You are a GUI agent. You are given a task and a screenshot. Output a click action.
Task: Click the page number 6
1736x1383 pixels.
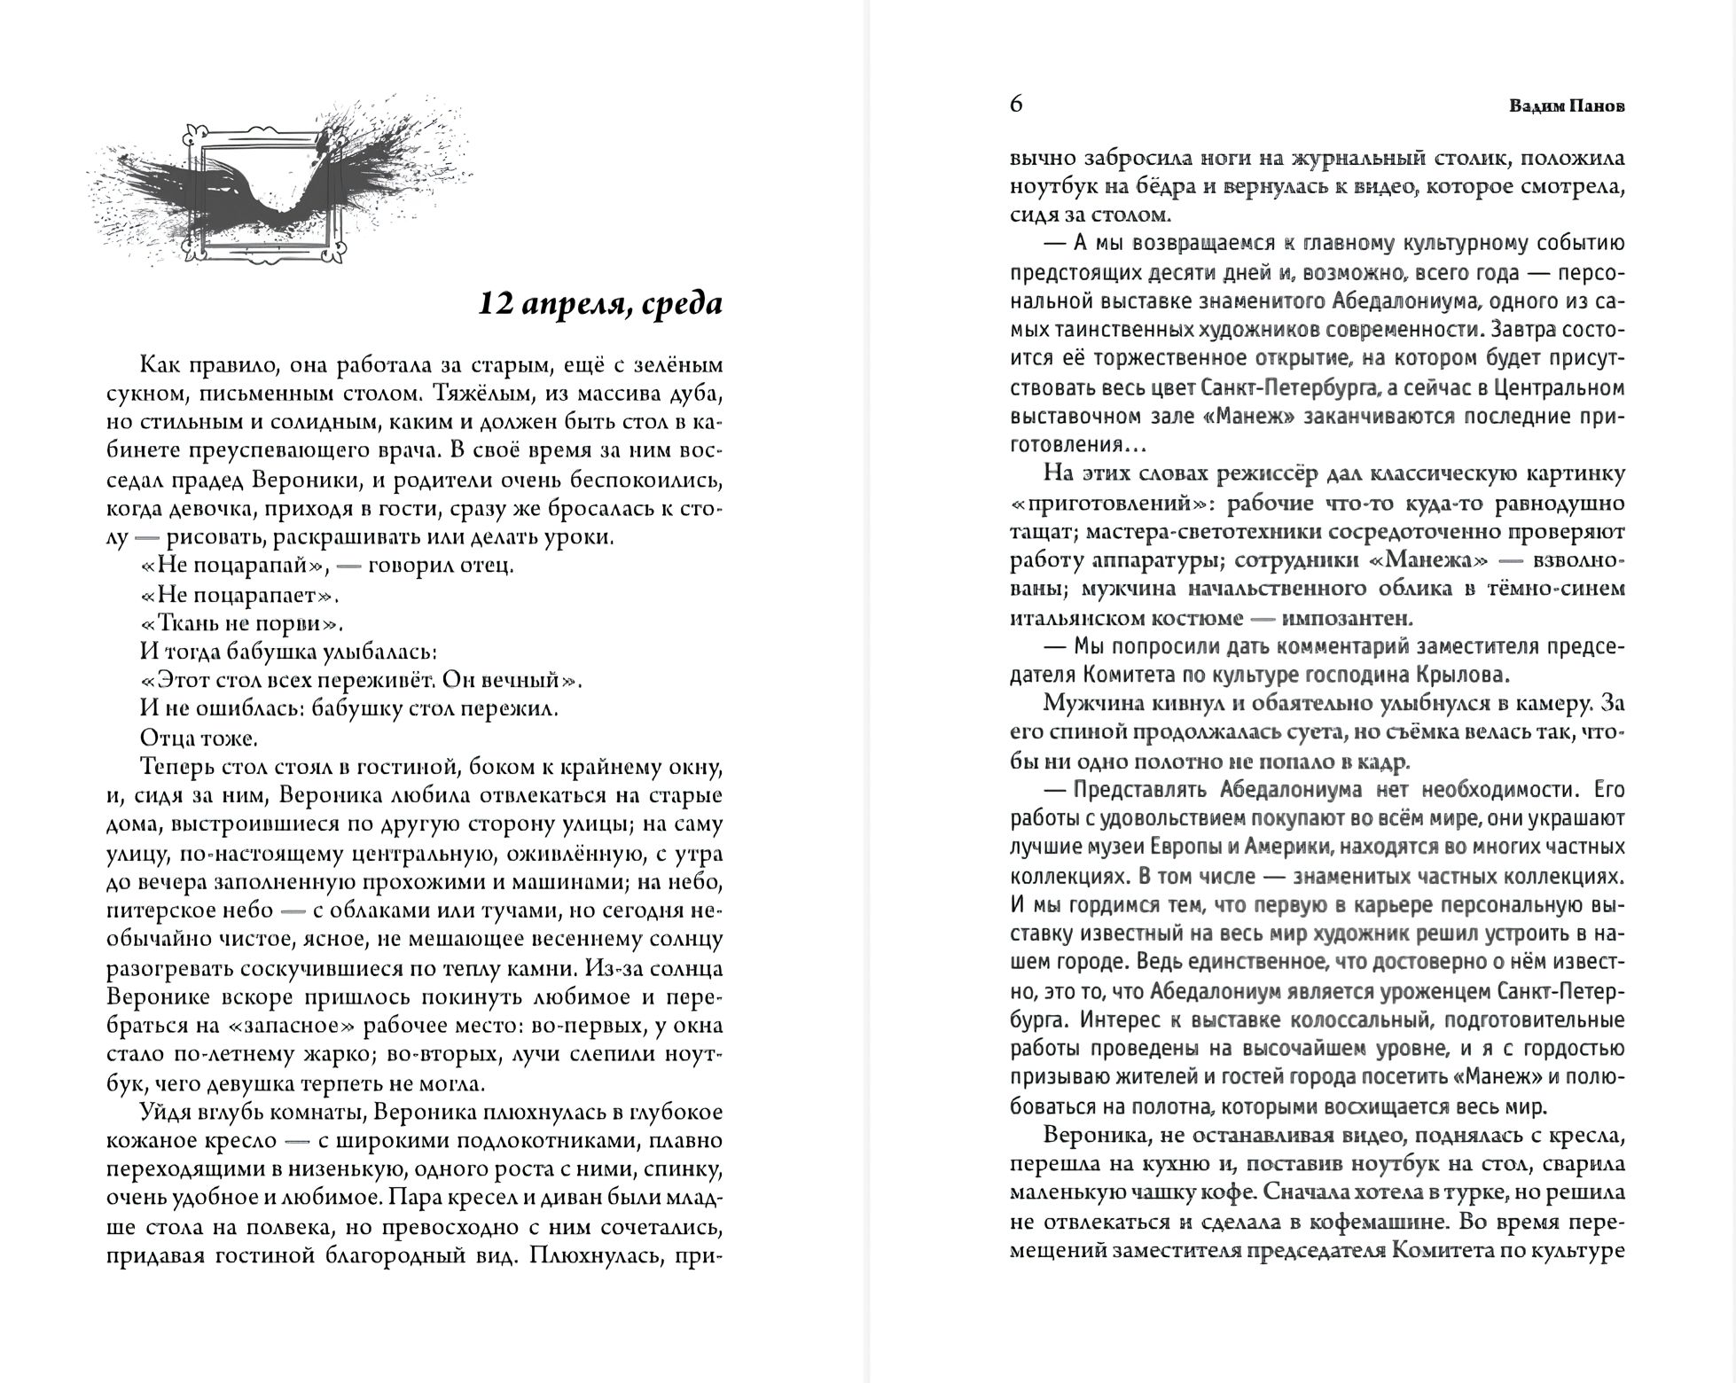tap(1016, 105)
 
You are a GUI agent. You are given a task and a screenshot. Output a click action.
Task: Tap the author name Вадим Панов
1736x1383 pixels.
tap(1567, 106)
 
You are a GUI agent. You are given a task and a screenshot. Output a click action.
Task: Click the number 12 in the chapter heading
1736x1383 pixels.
tap(495, 304)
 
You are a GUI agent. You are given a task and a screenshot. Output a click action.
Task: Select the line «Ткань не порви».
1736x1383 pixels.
tap(241, 622)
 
